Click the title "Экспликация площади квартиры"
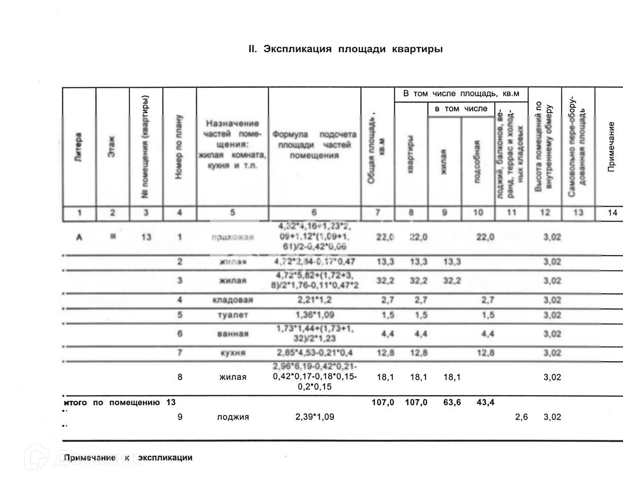click(345, 49)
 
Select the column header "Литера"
click(79, 148)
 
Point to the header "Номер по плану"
click(179, 147)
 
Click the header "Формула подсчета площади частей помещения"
click(314, 145)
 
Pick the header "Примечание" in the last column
click(611, 147)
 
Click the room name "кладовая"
click(232, 300)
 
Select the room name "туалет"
click(232, 315)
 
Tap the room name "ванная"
click(232, 334)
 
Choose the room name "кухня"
click(232, 353)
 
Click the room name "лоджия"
click(232, 417)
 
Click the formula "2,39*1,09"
click(315, 417)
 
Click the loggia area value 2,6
click(521, 417)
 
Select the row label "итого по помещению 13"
click(120, 402)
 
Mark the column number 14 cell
click(612, 213)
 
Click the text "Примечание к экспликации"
click(128, 458)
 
